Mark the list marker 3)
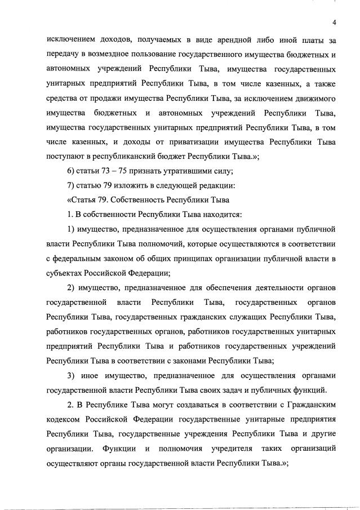coord(71,375)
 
